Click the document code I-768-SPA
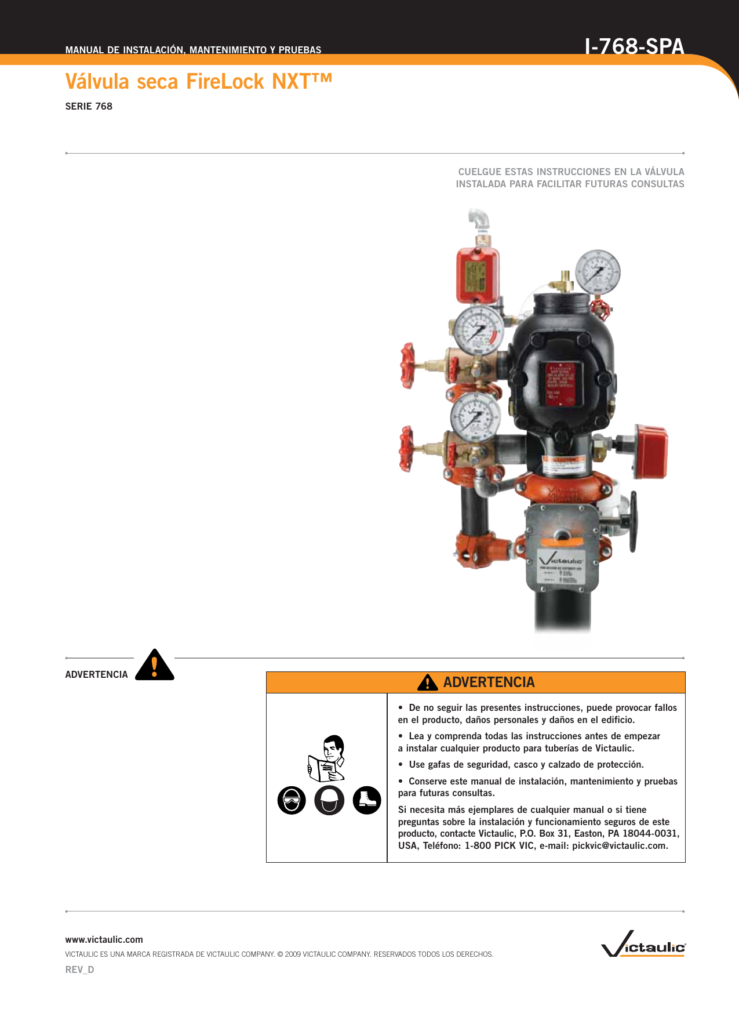pos(634,46)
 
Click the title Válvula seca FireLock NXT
pos(198,82)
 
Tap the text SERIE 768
pos(89,106)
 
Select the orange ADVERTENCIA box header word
pos(489,682)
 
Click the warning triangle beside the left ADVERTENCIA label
pos(155,666)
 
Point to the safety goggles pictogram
pos(292,801)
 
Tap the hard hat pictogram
pos(329,801)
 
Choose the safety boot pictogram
pos(367,801)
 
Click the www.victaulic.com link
pos(104,939)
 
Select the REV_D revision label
pos(79,969)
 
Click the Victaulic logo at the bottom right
pos(643,944)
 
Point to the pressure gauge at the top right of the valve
pos(598,272)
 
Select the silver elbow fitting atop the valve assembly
pos(479,220)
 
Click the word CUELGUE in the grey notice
pos(476,172)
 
